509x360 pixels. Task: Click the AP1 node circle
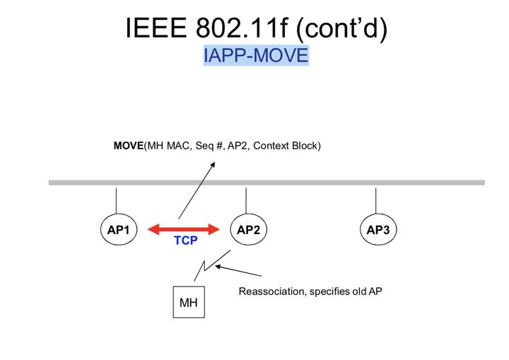(116, 229)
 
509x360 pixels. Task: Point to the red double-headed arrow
(185, 228)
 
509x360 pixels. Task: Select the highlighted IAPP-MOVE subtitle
(256, 55)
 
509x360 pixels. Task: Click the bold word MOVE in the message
(129, 146)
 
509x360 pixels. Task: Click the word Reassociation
(272, 291)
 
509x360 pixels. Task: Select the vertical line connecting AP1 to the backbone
(116, 199)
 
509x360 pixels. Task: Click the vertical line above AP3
(375, 199)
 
